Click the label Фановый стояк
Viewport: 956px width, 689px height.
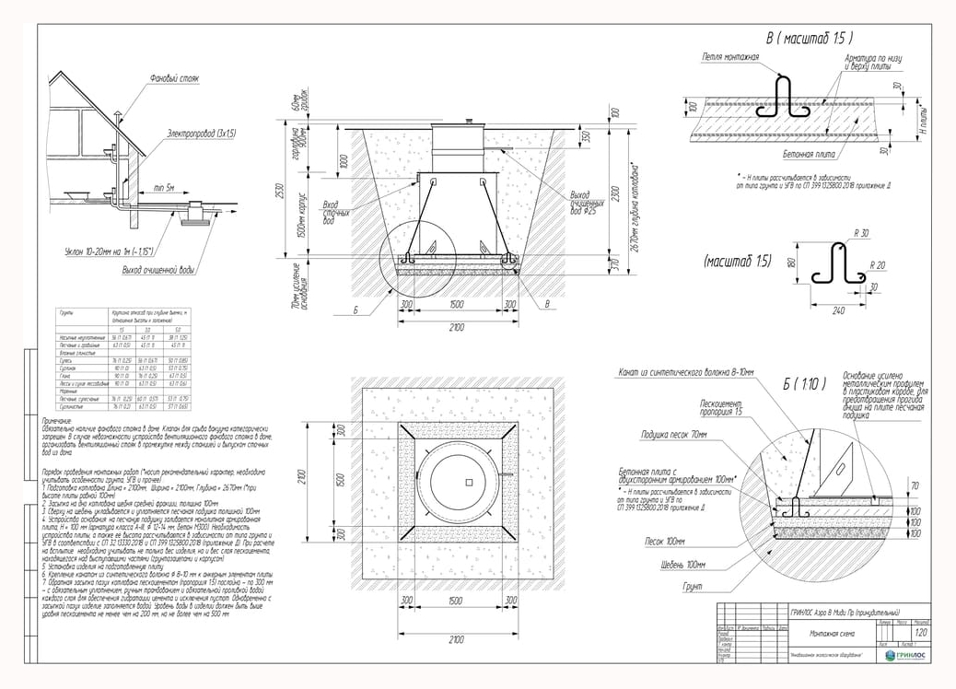point(174,79)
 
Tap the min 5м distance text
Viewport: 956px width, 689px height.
point(165,188)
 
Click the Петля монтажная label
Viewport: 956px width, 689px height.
point(730,57)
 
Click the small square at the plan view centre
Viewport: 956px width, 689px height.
point(468,482)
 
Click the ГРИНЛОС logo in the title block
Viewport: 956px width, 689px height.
point(906,655)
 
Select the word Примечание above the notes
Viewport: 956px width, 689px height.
point(62,420)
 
